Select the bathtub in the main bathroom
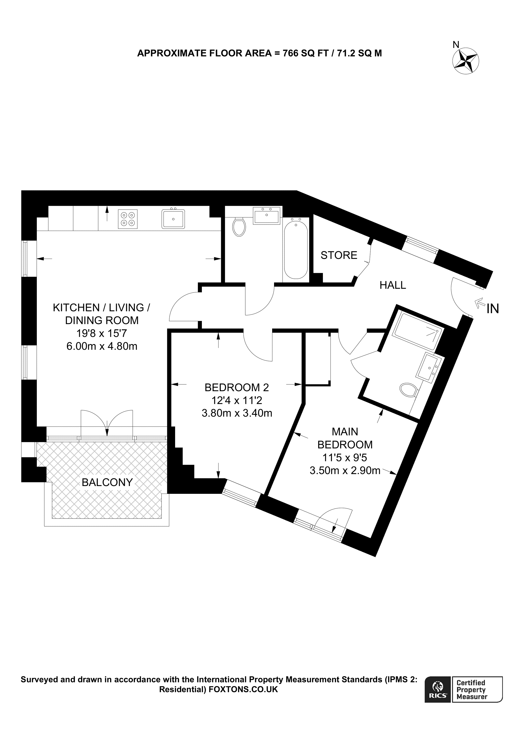296,248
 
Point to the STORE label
339,255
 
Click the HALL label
392,285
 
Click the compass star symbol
466,61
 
